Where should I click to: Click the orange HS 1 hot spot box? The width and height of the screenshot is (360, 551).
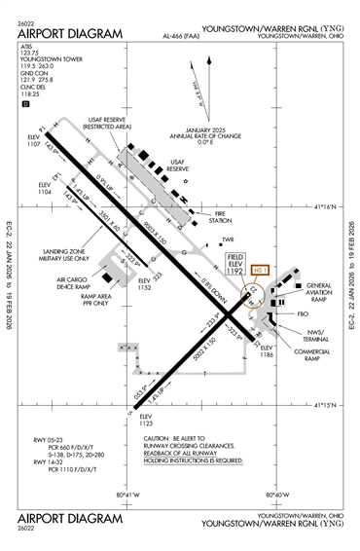259,270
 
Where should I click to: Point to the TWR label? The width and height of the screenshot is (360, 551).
229,239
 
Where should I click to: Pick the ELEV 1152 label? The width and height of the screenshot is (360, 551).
146,287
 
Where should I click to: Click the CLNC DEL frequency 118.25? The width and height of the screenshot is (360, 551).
28,94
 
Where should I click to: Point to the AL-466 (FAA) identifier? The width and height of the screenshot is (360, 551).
182,38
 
